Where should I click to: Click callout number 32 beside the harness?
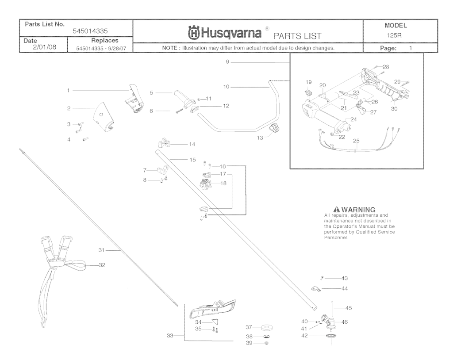(102, 265)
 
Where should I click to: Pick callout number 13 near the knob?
(260, 138)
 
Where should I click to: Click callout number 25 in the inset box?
(356, 141)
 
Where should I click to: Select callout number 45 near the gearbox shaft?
(349, 308)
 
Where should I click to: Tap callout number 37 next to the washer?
(249, 327)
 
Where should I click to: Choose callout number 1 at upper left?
(69, 90)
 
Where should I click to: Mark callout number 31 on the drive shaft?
(101, 250)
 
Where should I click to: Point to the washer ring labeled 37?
(267, 328)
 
